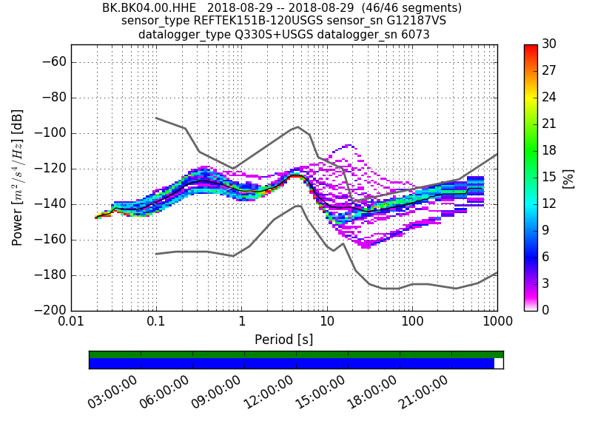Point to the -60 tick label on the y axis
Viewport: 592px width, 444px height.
coord(52,62)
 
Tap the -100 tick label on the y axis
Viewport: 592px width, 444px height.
coord(49,133)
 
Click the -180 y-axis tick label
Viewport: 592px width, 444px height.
coord(49,275)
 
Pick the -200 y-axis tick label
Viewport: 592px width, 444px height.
coord(49,310)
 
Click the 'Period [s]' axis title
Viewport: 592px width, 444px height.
coord(284,340)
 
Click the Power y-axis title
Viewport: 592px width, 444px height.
coord(17,178)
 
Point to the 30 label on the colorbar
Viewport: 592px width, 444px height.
coord(549,44)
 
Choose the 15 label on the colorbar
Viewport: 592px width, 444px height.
coord(549,178)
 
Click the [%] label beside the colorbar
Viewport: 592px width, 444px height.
coord(568,178)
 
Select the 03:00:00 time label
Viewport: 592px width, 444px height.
coord(113,392)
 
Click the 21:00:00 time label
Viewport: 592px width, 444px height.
coord(424,392)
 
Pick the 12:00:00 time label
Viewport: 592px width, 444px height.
coord(269,392)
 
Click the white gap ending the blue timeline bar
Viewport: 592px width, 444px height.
coord(499,363)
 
